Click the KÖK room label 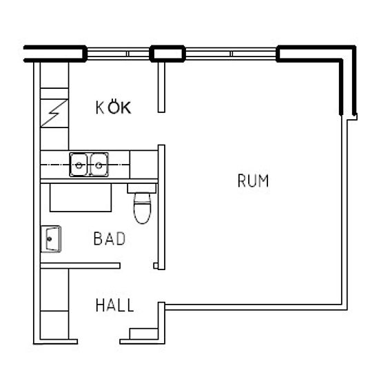point(114,107)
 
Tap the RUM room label point(253,181)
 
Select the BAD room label point(110,238)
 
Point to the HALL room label point(115,305)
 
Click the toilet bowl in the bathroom point(143,208)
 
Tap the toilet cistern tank point(142,188)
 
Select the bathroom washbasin point(51,239)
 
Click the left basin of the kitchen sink point(79,165)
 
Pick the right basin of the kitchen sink point(99,165)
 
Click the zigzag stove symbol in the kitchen point(54,113)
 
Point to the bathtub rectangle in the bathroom point(81,198)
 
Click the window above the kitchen point(119,54)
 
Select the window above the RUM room point(231,54)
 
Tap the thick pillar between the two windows point(167,54)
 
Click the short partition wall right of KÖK point(161,87)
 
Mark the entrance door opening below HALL point(99,342)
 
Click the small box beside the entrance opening point(144,334)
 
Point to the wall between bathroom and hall point(80,265)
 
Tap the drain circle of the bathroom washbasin point(50,239)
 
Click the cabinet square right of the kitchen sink point(144,165)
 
